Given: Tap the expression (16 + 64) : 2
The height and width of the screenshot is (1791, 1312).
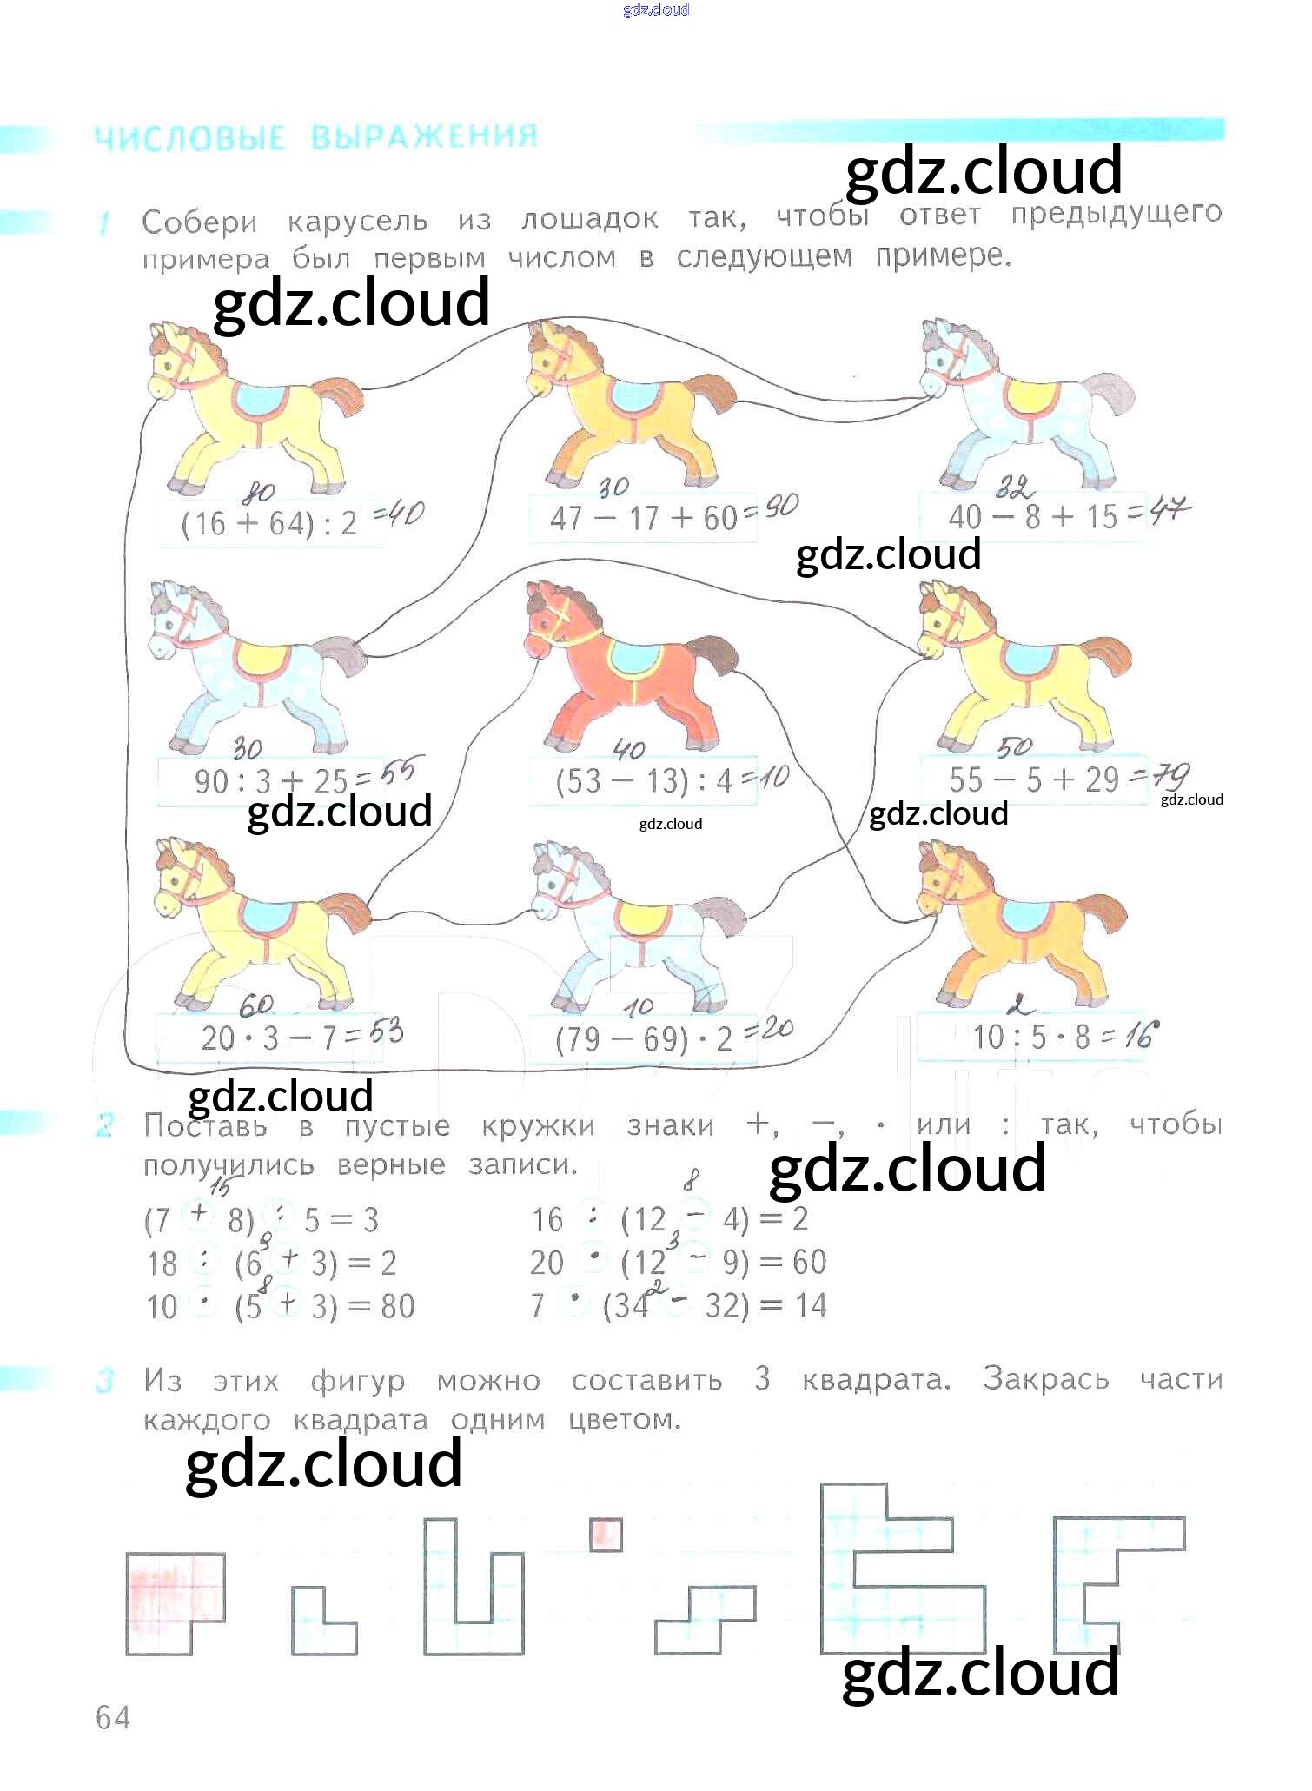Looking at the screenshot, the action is pyautogui.click(x=269, y=523).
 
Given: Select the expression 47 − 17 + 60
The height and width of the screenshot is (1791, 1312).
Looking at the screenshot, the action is pyautogui.click(x=643, y=519).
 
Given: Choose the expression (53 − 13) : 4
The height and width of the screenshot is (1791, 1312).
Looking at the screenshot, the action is pyautogui.click(x=643, y=780).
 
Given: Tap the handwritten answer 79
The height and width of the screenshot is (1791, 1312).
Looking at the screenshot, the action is pyautogui.click(x=1170, y=774).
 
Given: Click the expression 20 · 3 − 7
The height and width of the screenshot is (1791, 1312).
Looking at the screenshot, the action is pyautogui.click(x=269, y=1037).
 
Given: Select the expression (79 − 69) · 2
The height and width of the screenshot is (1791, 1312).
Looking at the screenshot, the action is pyautogui.click(x=643, y=1039).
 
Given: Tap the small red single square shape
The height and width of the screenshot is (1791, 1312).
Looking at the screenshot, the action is pyautogui.click(x=606, y=1534).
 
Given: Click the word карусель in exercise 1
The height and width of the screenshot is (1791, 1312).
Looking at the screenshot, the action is pyautogui.click(x=357, y=221).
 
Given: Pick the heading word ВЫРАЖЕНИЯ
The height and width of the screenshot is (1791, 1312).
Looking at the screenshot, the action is pyautogui.click(x=424, y=137).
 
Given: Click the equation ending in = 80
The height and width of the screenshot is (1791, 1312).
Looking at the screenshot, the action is pyautogui.click(x=280, y=1306).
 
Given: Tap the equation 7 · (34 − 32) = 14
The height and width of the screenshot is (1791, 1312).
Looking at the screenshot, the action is pyautogui.click(x=678, y=1305).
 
